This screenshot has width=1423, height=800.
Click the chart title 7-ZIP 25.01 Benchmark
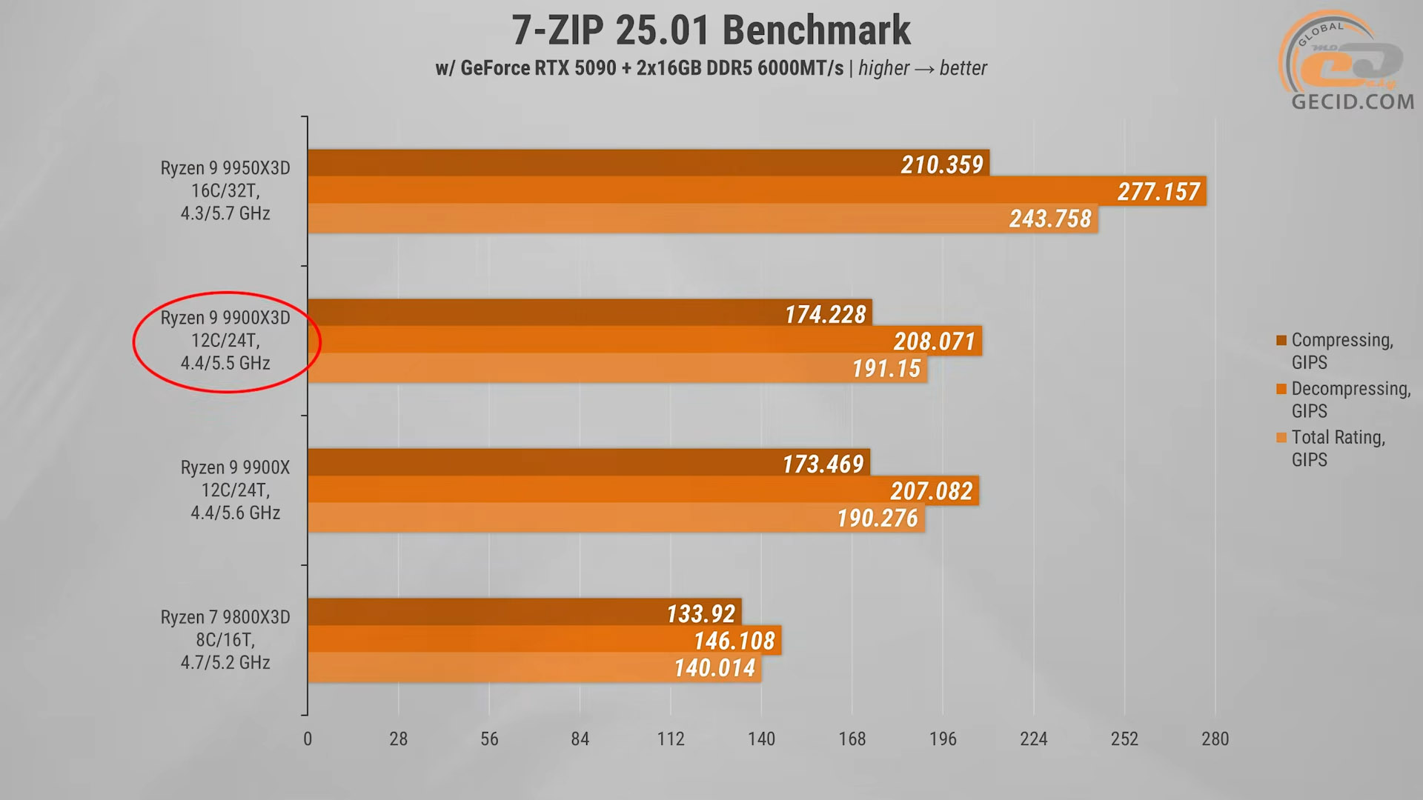coord(711,31)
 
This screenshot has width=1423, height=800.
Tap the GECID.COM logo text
coord(1353,101)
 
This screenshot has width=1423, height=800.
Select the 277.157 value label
coord(1158,192)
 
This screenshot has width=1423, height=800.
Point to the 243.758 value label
coord(1050,219)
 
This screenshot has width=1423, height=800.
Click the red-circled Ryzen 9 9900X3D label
coord(225,340)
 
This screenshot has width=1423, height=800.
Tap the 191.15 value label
coord(886,369)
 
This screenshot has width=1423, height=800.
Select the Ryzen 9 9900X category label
coord(236,490)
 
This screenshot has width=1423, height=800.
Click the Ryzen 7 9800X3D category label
coord(225,639)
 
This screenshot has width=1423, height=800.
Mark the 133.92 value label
coord(700,614)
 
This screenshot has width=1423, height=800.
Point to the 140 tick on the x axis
coord(761,739)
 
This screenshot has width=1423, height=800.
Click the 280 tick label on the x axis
coord(1215,739)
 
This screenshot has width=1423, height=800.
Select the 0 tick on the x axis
coord(308,739)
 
